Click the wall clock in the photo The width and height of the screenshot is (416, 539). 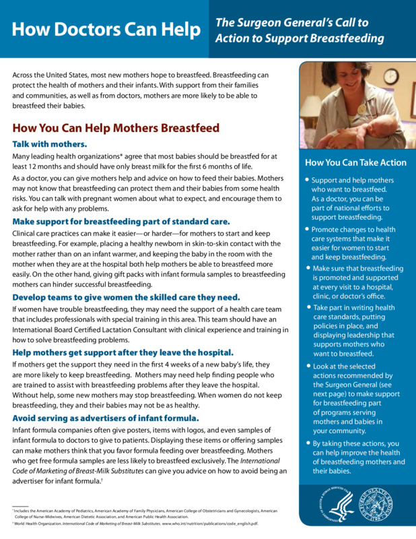point(391,77)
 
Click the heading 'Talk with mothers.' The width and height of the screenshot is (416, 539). point(50,144)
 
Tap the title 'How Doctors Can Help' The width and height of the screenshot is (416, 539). point(106,30)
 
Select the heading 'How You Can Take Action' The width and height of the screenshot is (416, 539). point(355,162)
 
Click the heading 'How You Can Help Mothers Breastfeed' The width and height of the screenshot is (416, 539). point(116,128)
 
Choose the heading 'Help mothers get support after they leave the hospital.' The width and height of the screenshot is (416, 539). point(123,352)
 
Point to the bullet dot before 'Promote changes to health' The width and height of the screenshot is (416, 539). point(307,230)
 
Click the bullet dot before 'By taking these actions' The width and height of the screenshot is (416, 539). point(307,443)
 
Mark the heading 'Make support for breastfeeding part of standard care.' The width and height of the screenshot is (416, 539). point(121,221)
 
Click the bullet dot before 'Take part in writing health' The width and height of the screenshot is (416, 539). point(307,307)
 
